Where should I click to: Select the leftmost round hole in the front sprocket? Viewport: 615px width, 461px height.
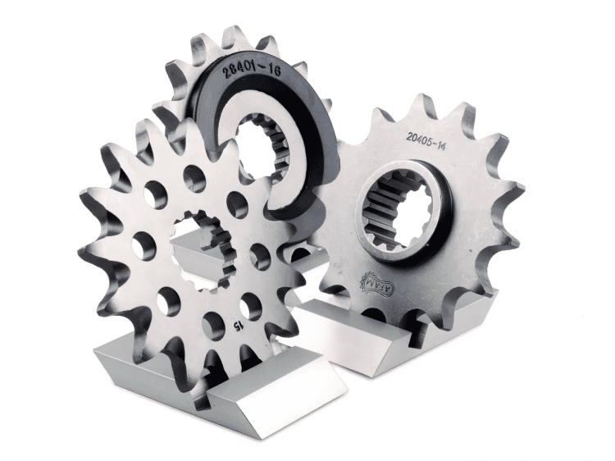[143, 244]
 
